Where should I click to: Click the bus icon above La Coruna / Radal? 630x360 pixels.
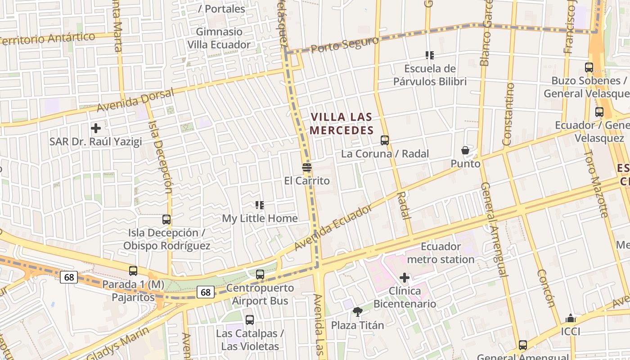(384, 140)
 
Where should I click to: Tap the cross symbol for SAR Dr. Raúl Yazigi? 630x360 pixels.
(95, 128)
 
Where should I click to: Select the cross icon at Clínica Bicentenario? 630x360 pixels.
(405, 278)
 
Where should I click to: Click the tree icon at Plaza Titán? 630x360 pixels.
(358, 311)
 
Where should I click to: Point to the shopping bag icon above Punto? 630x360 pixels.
(465, 150)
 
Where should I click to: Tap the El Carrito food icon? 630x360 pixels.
(307, 168)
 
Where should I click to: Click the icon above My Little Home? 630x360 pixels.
(260, 205)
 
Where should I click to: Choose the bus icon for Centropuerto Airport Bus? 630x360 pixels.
(260, 274)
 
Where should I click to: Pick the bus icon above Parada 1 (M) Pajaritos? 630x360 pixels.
(133, 271)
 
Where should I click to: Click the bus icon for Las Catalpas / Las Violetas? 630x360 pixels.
(250, 320)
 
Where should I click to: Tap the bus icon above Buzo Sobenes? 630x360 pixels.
(589, 67)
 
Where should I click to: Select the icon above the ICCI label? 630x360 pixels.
(571, 319)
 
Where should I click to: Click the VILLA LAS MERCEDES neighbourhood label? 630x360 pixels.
(342, 124)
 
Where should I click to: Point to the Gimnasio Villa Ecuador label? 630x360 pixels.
(219, 38)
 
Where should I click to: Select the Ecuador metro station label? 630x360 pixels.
(441, 253)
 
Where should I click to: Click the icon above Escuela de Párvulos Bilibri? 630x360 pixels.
(430, 55)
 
